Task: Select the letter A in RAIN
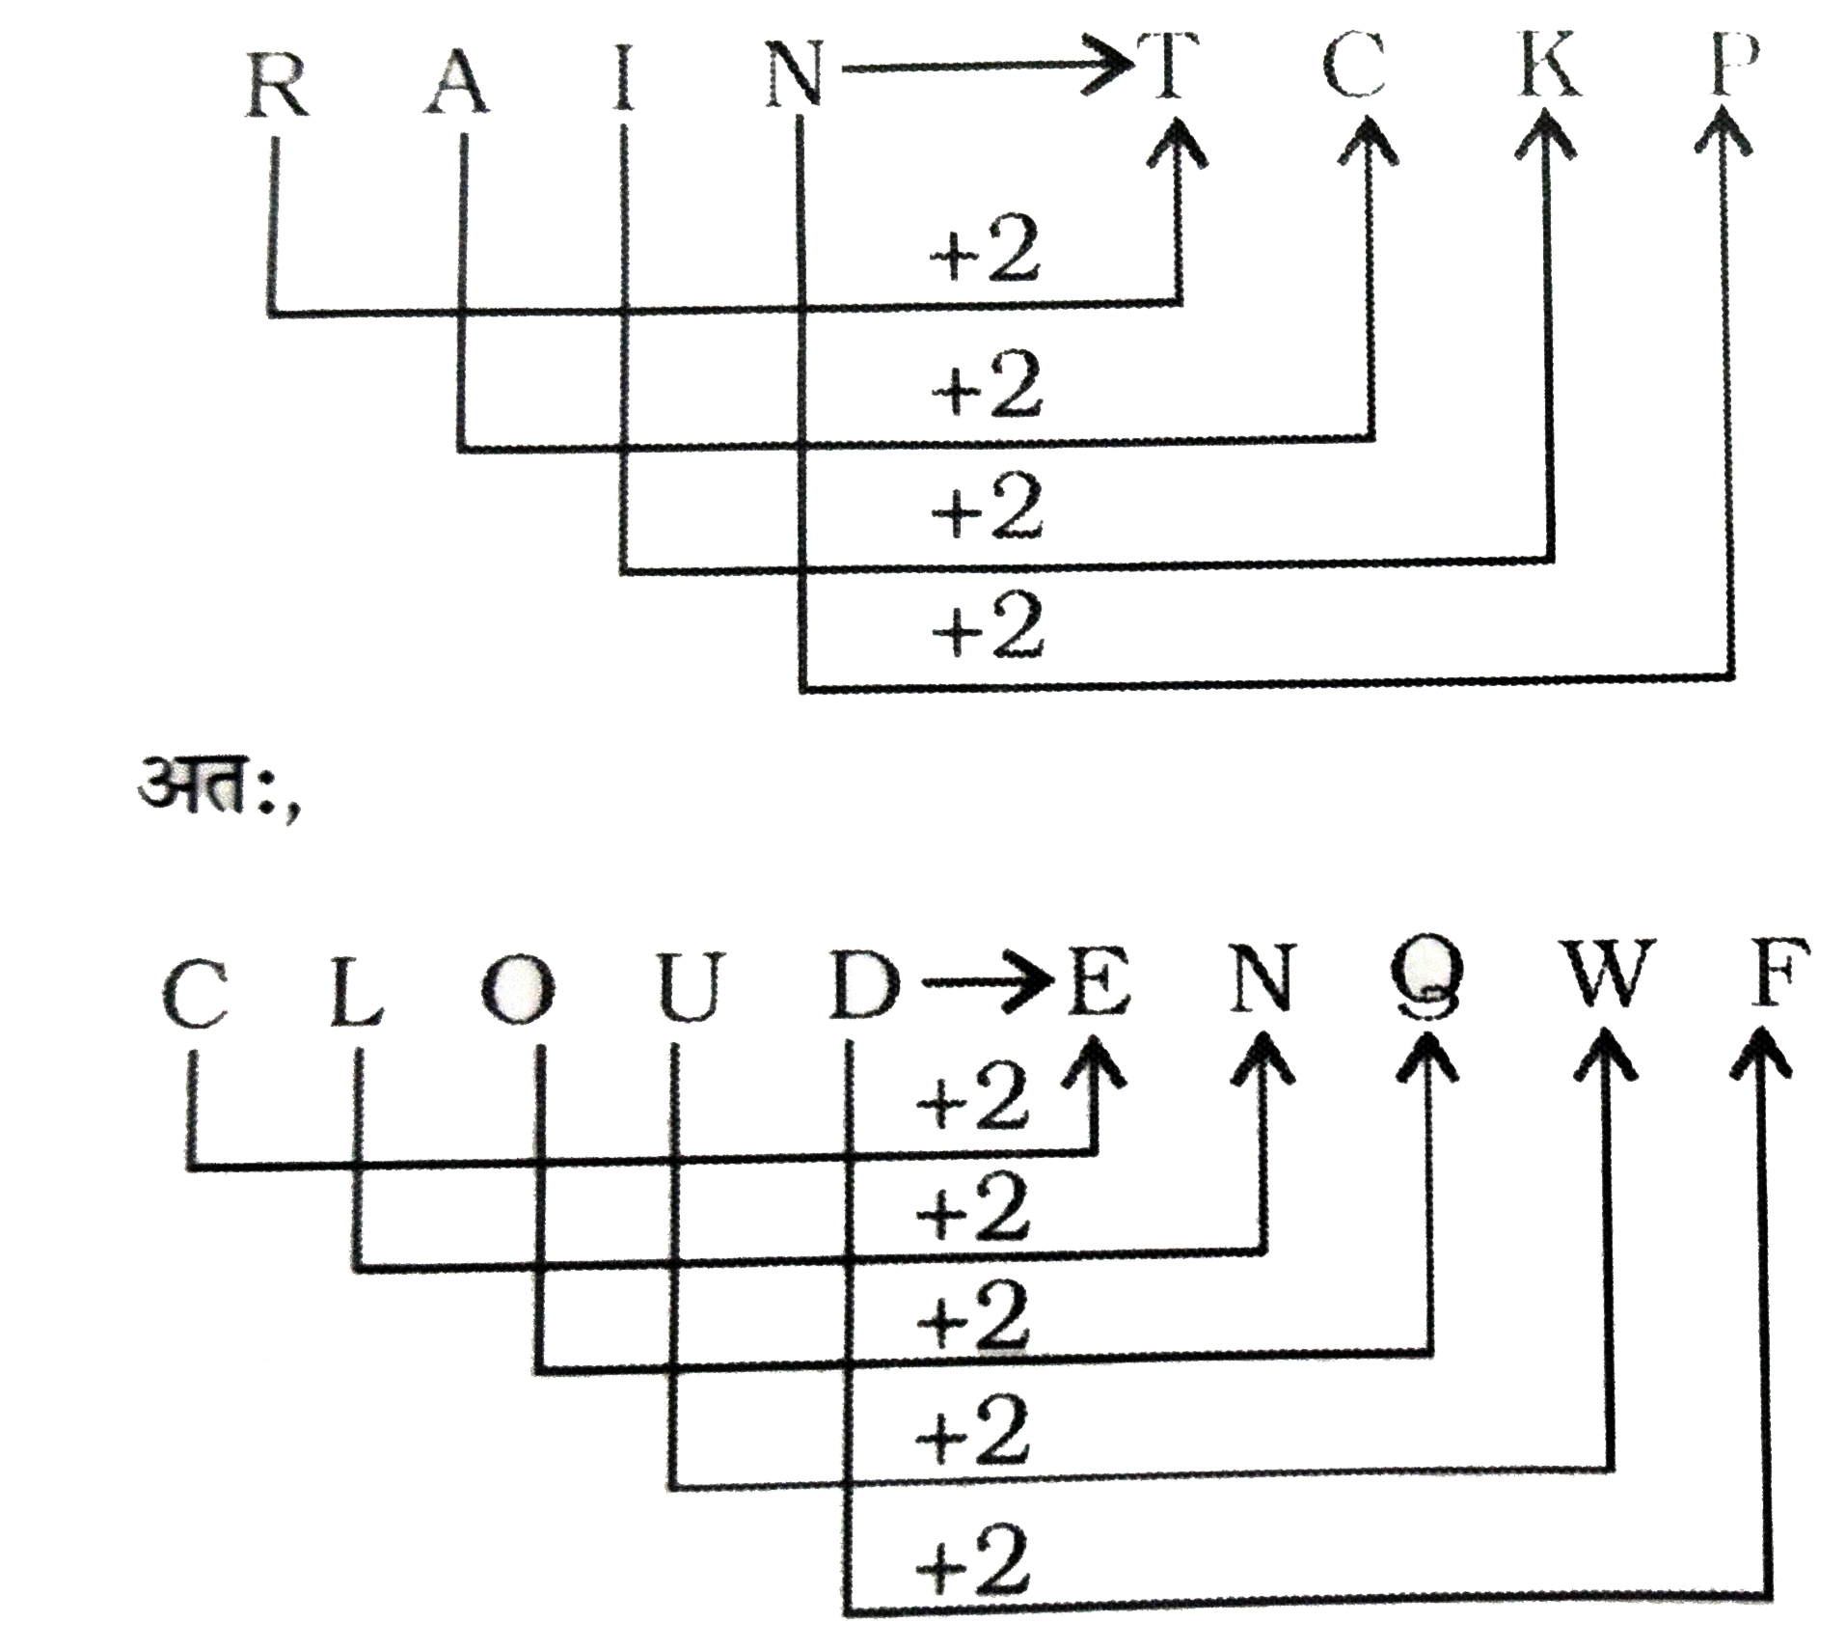pos(456,82)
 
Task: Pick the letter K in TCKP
pos(1549,68)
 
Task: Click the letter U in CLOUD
pos(687,992)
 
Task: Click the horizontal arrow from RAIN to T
pos(984,69)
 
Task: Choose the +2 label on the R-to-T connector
pos(984,256)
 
